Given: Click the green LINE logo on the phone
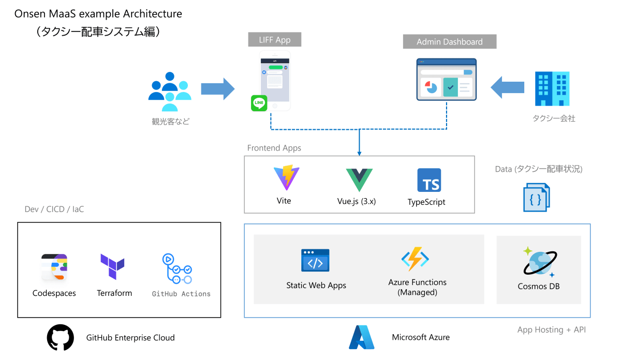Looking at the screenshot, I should coord(259,103).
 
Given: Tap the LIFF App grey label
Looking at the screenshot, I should coord(275,40).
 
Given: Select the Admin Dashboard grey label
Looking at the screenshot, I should coord(449,42).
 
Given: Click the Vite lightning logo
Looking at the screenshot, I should coord(284,177).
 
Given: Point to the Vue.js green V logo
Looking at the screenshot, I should coord(359,179).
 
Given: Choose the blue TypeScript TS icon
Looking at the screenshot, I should coord(429,180).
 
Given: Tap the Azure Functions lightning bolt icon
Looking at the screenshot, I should coord(415,259).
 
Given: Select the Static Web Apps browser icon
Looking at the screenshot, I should coord(315,260).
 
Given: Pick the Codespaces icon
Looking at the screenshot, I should coord(54,267).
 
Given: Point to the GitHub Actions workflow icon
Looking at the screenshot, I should coord(177,268).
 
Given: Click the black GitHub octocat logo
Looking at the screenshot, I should coord(60,338).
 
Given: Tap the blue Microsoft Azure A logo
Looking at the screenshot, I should coord(361,337).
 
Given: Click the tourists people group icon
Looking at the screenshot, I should coord(170,91).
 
